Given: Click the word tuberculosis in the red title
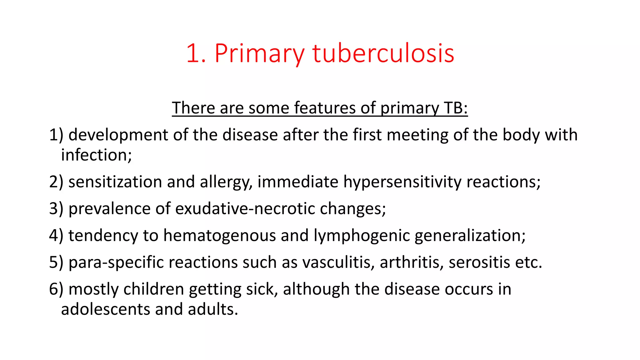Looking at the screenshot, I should click(383, 54).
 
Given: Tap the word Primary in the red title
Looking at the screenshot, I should click(259, 54).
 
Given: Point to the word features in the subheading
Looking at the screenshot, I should click(325, 108).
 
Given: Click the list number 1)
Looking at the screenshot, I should click(56, 135).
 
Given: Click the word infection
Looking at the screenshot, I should click(96, 155).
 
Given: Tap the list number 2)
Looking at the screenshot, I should click(56, 182).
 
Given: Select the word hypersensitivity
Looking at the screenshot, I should click(402, 182).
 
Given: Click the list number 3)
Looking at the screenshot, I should click(56, 208).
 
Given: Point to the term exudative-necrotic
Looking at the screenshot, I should click(245, 208).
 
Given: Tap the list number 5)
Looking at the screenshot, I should click(56, 262).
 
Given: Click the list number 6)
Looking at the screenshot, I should click(56, 289).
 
